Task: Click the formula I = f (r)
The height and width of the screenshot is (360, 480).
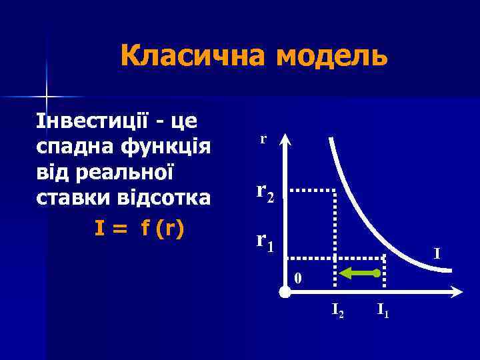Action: click(139, 228)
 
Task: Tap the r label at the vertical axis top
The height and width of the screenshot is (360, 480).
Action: click(263, 139)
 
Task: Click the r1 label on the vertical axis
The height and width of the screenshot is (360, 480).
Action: click(265, 241)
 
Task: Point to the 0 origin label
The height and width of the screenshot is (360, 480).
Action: click(298, 278)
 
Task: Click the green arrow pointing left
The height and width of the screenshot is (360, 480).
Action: click(359, 273)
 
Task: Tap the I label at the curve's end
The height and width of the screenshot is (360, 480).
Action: click(437, 254)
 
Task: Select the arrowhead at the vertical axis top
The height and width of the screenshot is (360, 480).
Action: click(285, 138)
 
